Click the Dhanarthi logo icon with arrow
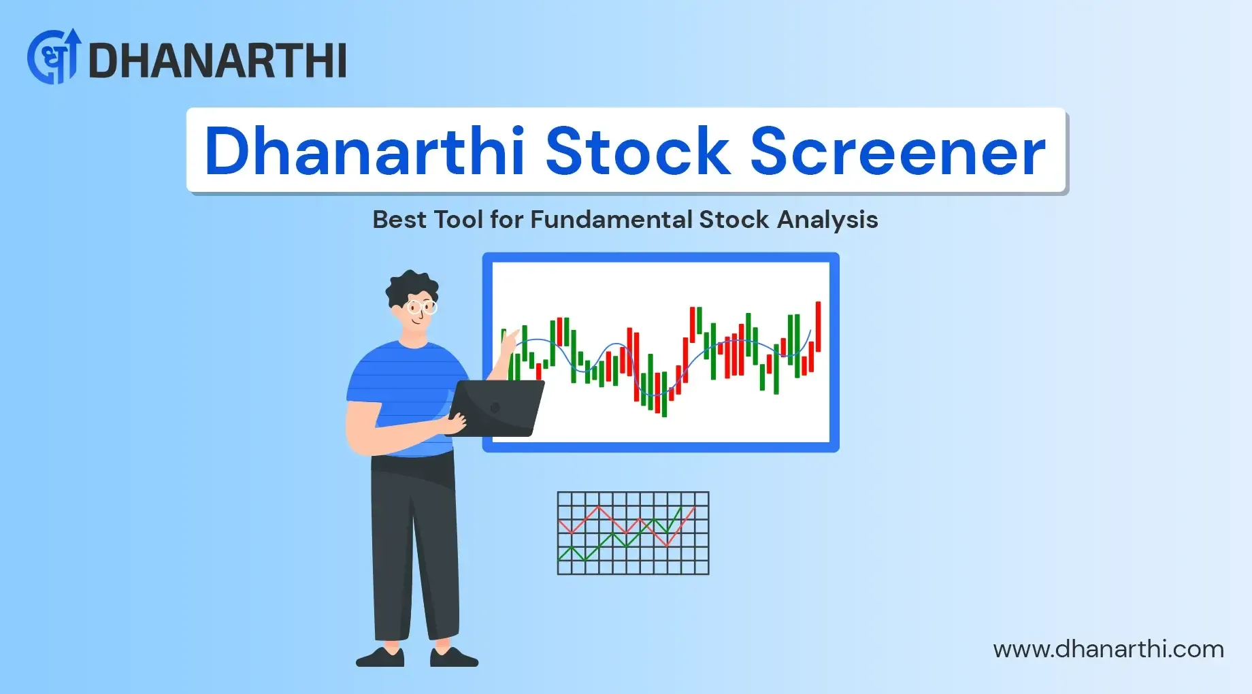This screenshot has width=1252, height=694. pyautogui.click(x=54, y=56)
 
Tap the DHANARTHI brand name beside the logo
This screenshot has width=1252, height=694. pyautogui.click(x=218, y=61)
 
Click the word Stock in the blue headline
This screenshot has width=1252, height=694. pyautogui.click(x=638, y=150)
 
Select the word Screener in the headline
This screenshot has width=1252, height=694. pyautogui.click(x=897, y=150)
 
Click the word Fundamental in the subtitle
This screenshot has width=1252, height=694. pyautogui.click(x=611, y=219)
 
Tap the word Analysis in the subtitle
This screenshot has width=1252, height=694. pyautogui.click(x=827, y=220)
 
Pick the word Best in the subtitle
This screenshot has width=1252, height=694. pyautogui.click(x=399, y=219)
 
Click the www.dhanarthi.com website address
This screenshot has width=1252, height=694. pyautogui.click(x=1108, y=649)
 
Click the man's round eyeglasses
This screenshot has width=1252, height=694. pyautogui.click(x=421, y=308)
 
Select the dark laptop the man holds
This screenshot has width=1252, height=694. pyautogui.click(x=497, y=408)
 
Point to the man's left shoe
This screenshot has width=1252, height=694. pyautogui.click(x=454, y=657)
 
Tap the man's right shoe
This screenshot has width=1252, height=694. pyautogui.click(x=380, y=657)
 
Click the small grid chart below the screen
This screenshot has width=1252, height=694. pyautogui.click(x=633, y=533)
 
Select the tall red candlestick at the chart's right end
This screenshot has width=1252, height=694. pyautogui.click(x=818, y=327)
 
